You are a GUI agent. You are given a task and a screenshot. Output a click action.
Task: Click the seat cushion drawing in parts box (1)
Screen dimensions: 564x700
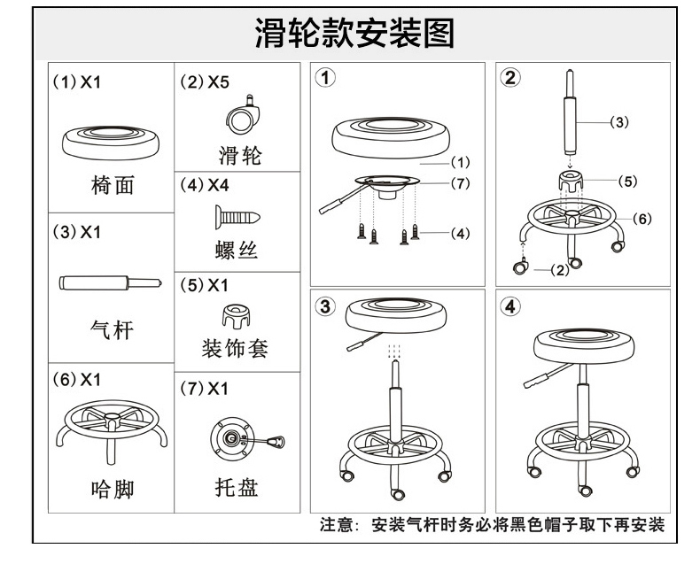coord(110,141)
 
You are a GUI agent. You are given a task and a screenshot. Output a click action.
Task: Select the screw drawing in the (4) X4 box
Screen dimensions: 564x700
coord(236,214)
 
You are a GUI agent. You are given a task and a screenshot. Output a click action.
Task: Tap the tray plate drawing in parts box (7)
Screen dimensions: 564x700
coord(237,437)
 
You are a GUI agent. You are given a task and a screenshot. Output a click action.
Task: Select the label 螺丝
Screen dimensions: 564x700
coord(237,251)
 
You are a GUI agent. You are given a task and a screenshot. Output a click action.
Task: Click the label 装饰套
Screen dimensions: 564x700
coord(235,348)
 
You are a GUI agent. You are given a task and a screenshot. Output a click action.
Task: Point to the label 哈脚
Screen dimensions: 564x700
coord(112,489)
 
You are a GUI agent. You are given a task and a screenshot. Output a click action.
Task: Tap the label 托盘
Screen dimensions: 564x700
coord(237,488)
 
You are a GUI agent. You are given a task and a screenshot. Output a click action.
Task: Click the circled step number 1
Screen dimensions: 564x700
coord(327,78)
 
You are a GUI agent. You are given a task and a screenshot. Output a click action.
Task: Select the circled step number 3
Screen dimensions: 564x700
coord(327,306)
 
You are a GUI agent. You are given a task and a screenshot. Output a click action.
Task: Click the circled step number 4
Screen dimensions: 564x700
coord(509,306)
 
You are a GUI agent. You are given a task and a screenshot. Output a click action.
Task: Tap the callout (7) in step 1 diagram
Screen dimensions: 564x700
coord(459,184)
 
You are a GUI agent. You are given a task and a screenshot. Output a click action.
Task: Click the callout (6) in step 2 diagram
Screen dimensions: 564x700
coord(643,219)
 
